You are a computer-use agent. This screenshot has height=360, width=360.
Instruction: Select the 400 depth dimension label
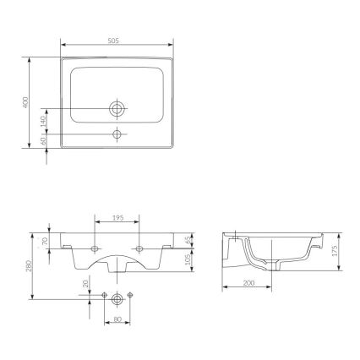(x=27, y=102)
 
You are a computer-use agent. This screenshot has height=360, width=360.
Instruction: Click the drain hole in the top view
(x=117, y=108)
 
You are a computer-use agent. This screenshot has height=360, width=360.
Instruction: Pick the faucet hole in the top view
(x=117, y=134)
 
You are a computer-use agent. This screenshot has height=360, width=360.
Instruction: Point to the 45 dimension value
(x=188, y=241)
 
